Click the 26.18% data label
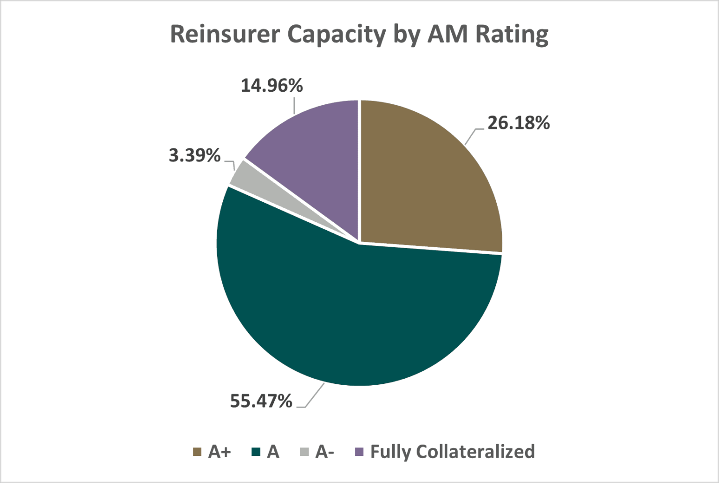click(x=519, y=123)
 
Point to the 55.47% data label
click(x=261, y=401)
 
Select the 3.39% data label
click(x=194, y=155)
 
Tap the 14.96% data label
click(x=271, y=86)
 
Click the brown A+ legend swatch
click(x=197, y=452)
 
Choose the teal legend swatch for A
click(x=256, y=452)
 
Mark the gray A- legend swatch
click(x=304, y=452)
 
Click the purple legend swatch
click(x=359, y=452)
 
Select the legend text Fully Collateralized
click(x=452, y=452)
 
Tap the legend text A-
click(x=324, y=452)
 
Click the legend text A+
click(x=220, y=452)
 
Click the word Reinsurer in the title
click(x=225, y=34)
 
